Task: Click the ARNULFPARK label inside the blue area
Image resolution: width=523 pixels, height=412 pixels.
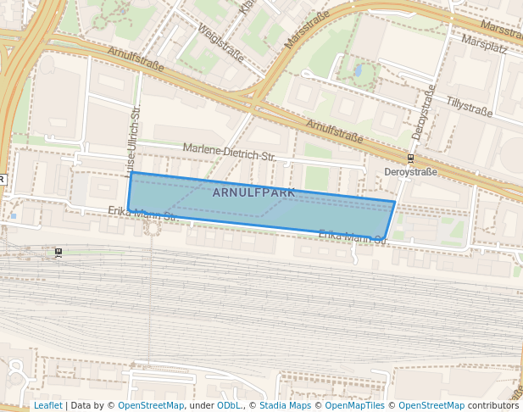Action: pos(253,192)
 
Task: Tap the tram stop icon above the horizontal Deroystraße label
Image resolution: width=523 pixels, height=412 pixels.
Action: pos(410,158)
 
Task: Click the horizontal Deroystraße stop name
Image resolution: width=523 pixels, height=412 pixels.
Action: pos(410,171)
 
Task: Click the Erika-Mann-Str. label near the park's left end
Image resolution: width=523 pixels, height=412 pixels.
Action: pos(142,214)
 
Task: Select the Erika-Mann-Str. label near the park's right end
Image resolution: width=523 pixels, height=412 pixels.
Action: pos(353,237)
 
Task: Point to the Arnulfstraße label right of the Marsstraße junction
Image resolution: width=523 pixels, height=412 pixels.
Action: pos(334,131)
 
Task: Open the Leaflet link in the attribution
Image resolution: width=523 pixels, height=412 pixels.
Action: pos(47,405)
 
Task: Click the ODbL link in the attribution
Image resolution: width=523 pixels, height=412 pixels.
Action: pos(229,405)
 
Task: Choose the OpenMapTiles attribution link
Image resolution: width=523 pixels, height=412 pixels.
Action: pos(353,405)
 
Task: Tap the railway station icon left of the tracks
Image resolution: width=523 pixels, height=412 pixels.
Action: pos(58,252)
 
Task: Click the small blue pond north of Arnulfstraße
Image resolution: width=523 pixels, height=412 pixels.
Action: pos(358,70)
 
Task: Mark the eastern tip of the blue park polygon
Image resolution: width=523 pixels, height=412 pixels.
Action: pos(395,202)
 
